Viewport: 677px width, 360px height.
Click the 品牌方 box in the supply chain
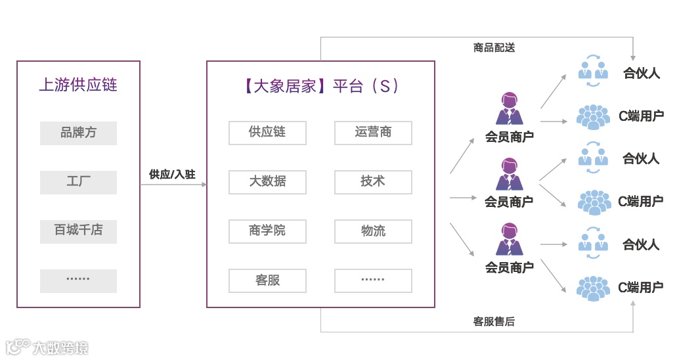78,133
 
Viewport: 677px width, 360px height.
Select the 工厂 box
78,182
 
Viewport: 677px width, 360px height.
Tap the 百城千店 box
78,231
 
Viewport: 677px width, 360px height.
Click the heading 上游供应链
78,85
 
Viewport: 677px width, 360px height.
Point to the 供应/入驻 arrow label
172,174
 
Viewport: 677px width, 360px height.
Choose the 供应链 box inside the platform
267,133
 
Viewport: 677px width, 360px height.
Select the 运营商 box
373,133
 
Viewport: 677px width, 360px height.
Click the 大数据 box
267,182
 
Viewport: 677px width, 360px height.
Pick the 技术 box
373,182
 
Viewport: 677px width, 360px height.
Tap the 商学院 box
267,231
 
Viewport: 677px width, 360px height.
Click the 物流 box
373,231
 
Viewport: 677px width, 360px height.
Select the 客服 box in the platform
267,281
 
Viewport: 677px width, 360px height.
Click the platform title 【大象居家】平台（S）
320,86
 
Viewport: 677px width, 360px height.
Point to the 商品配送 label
494,48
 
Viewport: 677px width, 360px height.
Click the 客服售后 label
494,322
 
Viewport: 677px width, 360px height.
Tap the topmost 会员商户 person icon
509,108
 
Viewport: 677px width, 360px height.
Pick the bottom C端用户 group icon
594,288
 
